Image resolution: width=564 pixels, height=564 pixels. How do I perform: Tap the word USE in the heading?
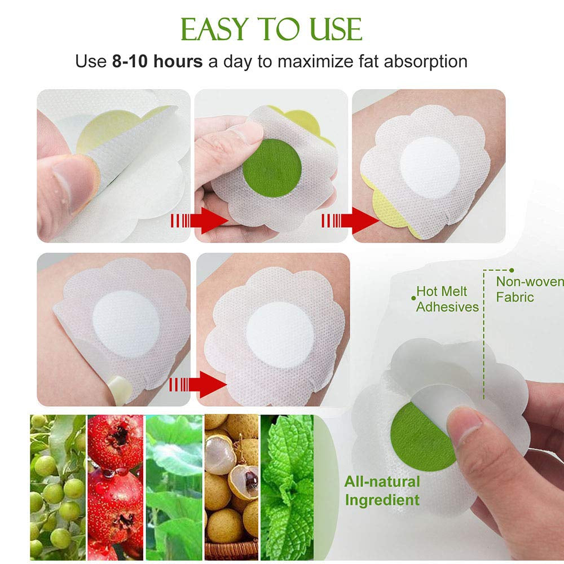(331, 29)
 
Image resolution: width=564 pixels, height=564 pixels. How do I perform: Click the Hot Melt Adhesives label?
(447, 299)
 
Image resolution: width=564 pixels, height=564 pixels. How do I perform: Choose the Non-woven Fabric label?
(529, 289)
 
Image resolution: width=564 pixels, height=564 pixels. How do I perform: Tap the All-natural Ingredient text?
(382, 491)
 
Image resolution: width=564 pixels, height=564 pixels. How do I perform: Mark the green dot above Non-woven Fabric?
(512, 271)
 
